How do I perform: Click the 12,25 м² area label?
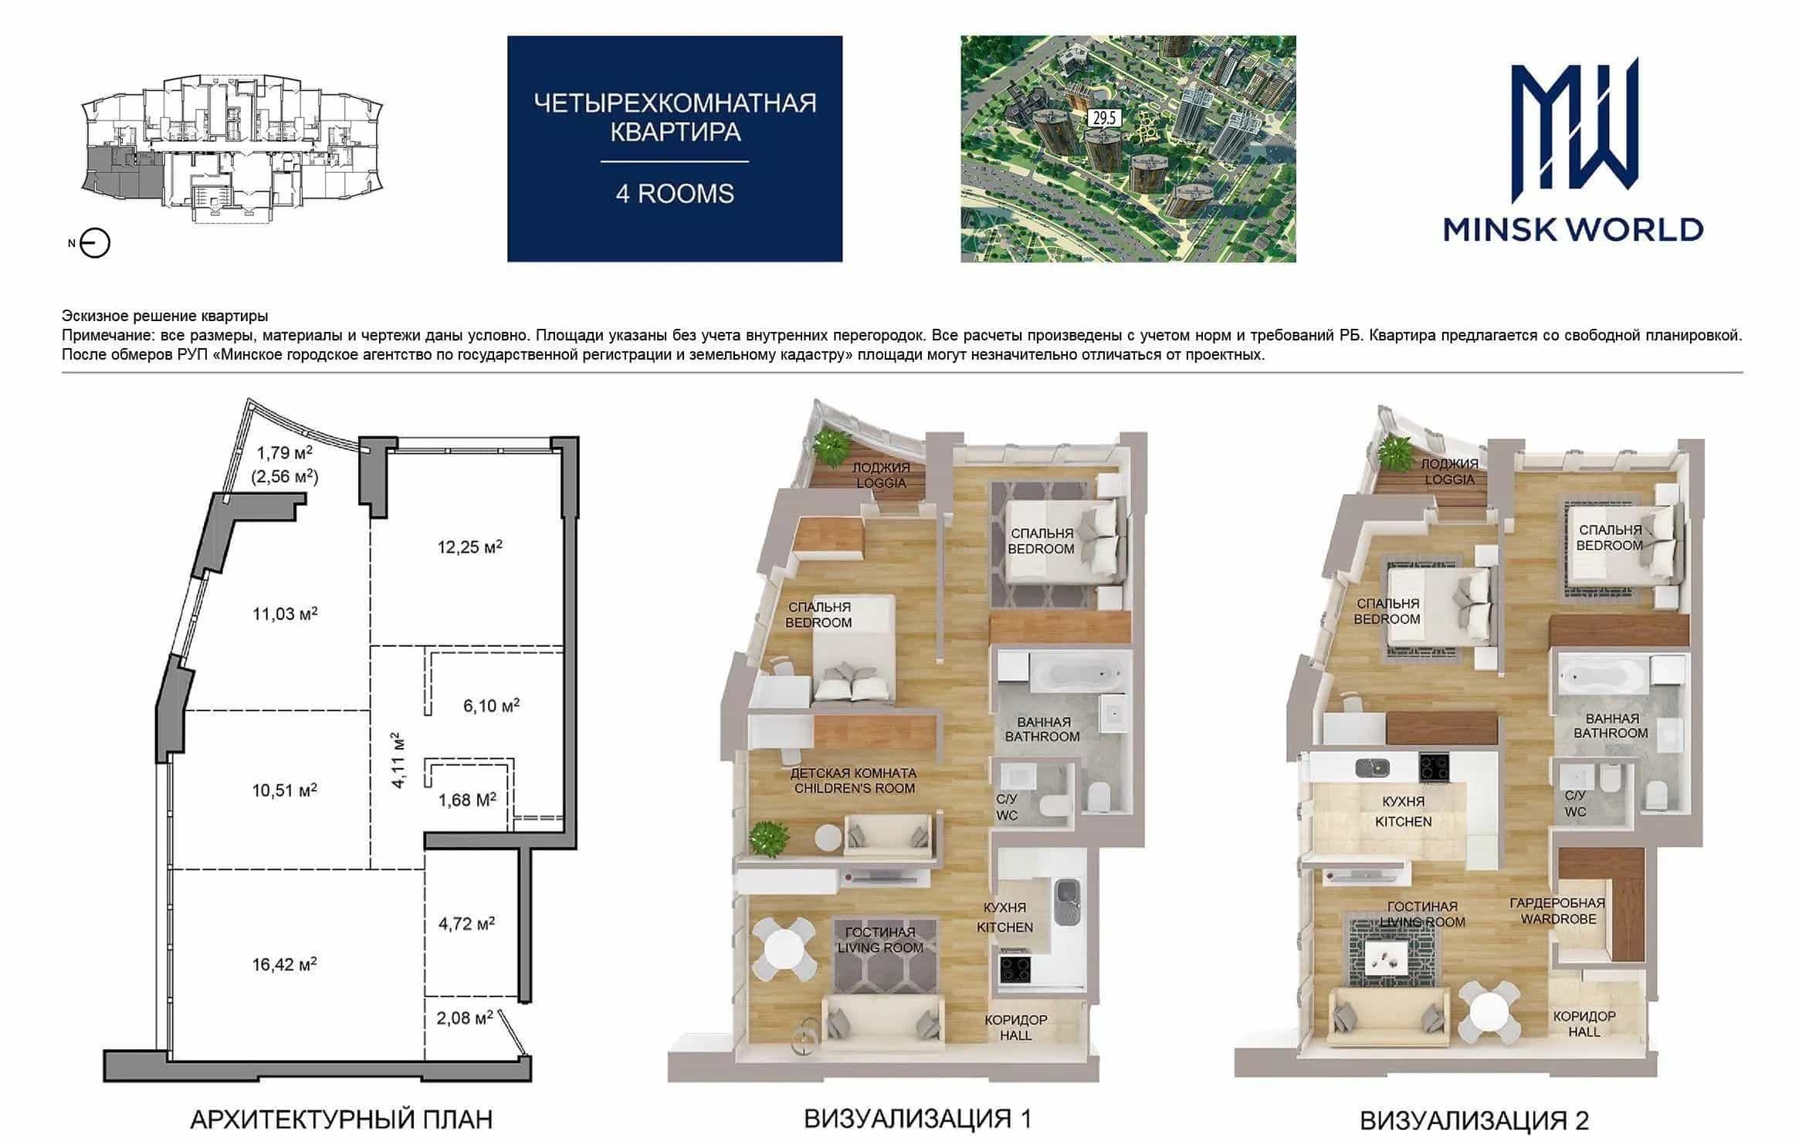coord(470,547)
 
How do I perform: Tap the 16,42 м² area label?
coord(284,964)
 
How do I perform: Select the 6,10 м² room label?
coord(491,706)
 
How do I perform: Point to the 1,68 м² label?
coord(467,800)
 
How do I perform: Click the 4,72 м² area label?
coord(466,923)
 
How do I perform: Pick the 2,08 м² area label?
coord(465,1018)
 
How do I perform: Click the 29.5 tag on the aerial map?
coord(1103,118)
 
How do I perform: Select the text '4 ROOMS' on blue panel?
coord(675,193)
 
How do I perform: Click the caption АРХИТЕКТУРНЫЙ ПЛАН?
coord(341,1119)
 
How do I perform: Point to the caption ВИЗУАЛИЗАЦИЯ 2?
coord(1474,1120)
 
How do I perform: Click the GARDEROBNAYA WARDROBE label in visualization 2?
coord(1558,911)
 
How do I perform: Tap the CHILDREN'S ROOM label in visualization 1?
coord(854,780)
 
